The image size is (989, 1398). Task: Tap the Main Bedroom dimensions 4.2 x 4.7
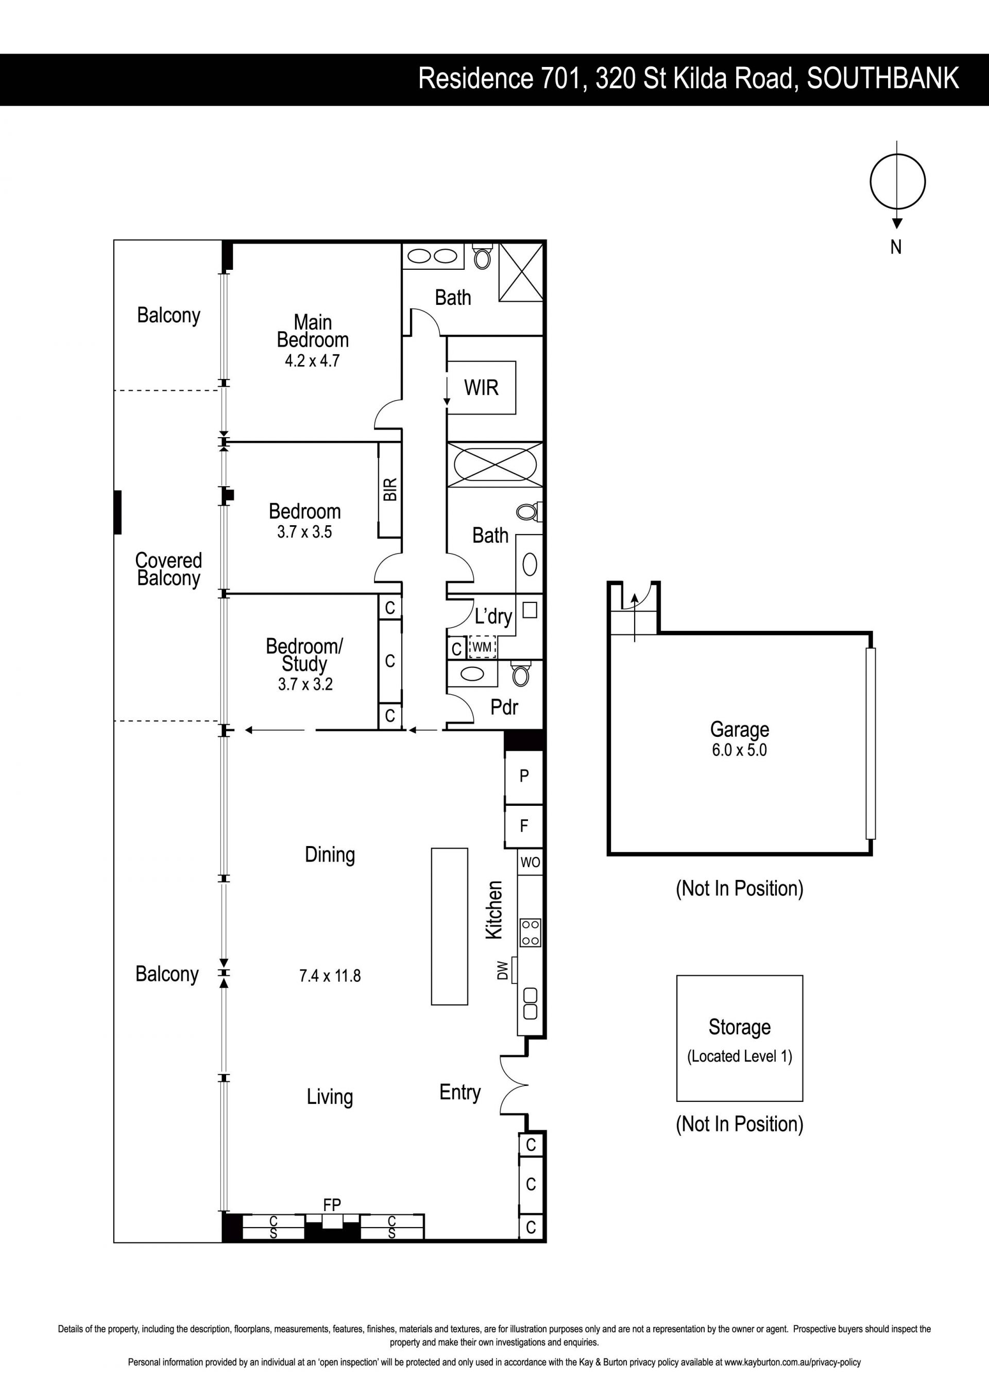tap(313, 361)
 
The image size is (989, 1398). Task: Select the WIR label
tap(481, 387)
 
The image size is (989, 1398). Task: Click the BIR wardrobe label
tap(390, 490)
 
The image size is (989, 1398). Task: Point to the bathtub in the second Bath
tap(494, 464)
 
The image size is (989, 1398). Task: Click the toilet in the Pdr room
tap(521, 674)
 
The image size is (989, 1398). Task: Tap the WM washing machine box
tap(482, 647)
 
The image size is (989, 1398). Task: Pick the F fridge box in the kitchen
tap(524, 826)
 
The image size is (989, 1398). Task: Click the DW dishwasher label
tap(502, 970)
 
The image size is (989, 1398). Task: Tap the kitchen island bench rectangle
tap(450, 926)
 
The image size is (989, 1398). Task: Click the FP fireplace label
tap(332, 1205)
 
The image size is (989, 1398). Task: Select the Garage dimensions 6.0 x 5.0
tap(739, 750)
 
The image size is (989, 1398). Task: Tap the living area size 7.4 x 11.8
tap(330, 976)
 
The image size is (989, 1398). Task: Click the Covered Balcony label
tap(168, 570)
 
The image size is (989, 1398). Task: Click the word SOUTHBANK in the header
tap(883, 79)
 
